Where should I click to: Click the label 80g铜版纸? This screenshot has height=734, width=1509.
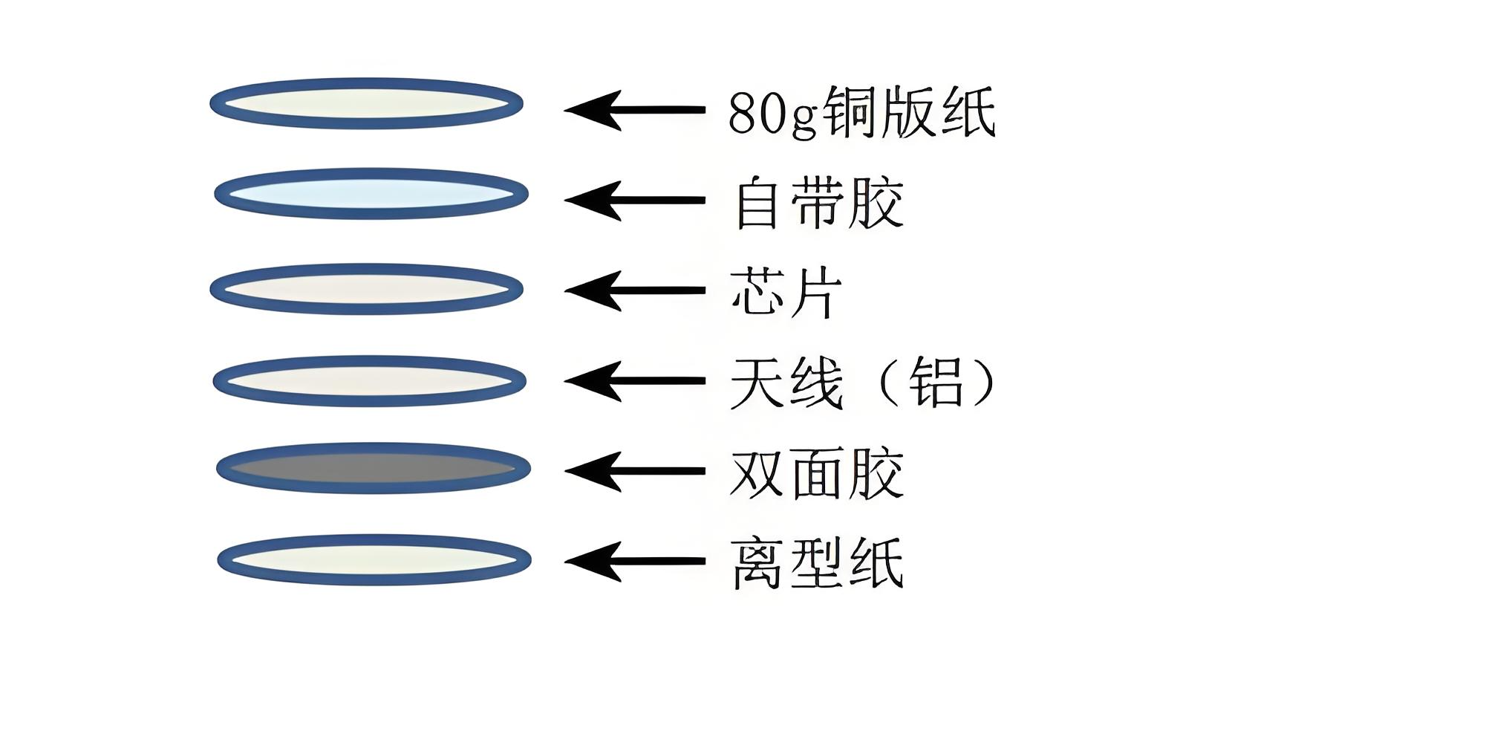tap(861, 111)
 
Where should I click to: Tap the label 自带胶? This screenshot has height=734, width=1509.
tap(818, 202)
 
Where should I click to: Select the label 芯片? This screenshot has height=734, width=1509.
tap(786, 293)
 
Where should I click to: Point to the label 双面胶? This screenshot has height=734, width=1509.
tap(817, 472)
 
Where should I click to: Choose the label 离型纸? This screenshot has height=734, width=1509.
tap(817, 563)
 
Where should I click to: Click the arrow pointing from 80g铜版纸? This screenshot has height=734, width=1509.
tap(634, 110)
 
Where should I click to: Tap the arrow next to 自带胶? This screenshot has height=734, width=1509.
tap(634, 201)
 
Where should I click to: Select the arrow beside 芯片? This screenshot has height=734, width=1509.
tap(634, 290)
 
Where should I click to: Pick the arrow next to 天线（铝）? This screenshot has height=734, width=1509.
tap(634, 381)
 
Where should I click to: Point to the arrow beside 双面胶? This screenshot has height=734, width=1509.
tap(634, 471)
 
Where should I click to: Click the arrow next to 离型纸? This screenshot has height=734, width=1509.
tap(634, 562)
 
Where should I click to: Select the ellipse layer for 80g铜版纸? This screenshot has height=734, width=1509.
tap(366, 103)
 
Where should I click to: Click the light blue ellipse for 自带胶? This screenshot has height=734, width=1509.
tap(371, 194)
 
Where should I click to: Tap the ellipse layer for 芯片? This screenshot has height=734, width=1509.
tap(366, 289)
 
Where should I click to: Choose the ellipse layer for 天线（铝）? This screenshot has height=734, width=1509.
tap(369, 381)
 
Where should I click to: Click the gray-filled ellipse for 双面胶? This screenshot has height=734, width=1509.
tap(374, 469)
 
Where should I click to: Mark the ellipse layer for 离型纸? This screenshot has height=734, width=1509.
tap(374, 560)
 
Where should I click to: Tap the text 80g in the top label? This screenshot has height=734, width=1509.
tap(772, 113)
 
